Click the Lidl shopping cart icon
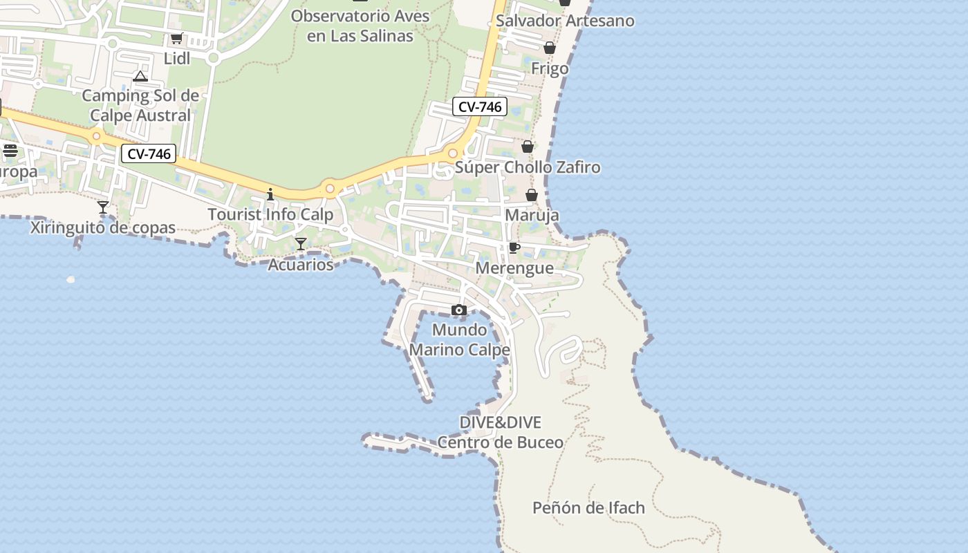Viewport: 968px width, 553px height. click(x=176, y=39)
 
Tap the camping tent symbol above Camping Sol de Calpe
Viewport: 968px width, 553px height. click(x=140, y=76)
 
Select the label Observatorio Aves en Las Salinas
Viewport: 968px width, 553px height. click(x=360, y=26)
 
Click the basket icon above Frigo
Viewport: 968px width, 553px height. click(x=550, y=48)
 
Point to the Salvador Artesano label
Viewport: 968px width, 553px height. click(x=565, y=21)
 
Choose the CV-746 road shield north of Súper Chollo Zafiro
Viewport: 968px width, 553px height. click(x=480, y=107)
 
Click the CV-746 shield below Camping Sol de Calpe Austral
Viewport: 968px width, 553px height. click(x=149, y=154)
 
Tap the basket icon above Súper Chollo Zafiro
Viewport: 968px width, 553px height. click(x=528, y=147)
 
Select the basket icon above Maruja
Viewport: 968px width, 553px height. click(x=532, y=195)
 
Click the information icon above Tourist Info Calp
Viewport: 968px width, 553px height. click(x=270, y=194)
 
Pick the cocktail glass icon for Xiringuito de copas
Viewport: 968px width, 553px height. click(x=103, y=207)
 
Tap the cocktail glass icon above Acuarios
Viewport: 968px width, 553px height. click(x=301, y=243)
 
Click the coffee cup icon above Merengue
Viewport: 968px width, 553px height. click(x=514, y=247)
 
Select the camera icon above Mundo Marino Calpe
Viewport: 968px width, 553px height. click(x=459, y=310)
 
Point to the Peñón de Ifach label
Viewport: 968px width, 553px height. click(x=588, y=508)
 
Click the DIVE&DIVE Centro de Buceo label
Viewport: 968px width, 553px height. click(x=501, y=432)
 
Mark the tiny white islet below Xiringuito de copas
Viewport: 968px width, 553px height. click(x=71, y=279)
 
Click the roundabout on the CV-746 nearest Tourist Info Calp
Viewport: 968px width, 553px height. click(x=330, y=188)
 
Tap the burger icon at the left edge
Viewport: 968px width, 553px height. click(x=10, y=150)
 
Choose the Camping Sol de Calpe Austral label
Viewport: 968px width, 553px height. click(x=140, y=105)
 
